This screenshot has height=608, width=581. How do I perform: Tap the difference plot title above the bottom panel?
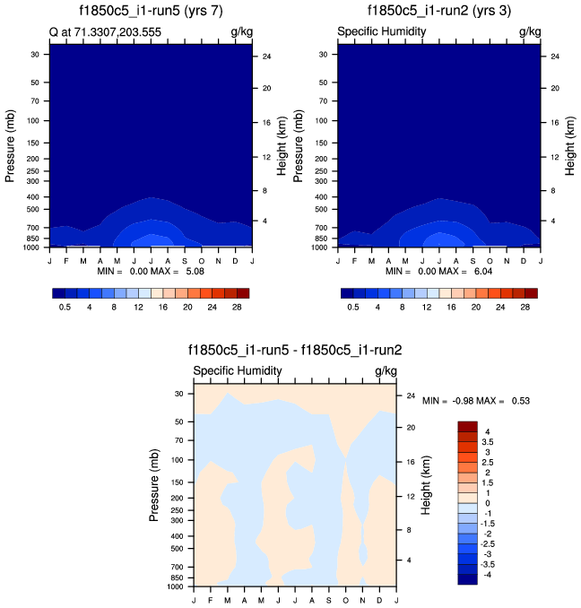click(x=295, y=351)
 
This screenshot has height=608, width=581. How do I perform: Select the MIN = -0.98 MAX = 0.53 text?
click(x=475, y=400)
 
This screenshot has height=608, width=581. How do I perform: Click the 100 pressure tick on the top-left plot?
click(x=34, y=120)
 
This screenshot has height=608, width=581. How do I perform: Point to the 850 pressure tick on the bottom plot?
click(x=176, y=579)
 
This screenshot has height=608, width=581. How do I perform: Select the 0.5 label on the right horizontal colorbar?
click(x=353, y=307)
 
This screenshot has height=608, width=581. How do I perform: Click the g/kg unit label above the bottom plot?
click(x=386, y=370)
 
